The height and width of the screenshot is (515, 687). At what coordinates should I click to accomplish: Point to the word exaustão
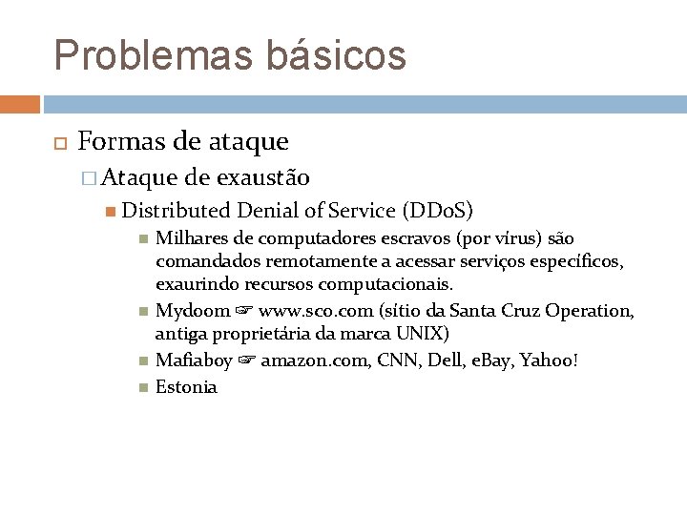point(262,177)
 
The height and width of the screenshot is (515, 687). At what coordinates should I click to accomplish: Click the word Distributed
point(177,211)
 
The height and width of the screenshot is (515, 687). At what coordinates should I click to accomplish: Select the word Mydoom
point(193,310)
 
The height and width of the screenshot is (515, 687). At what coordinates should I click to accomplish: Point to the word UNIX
point(422,334)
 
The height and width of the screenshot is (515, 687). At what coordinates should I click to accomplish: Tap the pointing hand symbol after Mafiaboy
point(247,360)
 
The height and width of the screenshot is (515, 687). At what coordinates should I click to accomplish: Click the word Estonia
point(186,386)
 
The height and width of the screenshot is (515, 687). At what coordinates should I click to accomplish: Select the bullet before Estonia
point(142,386)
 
